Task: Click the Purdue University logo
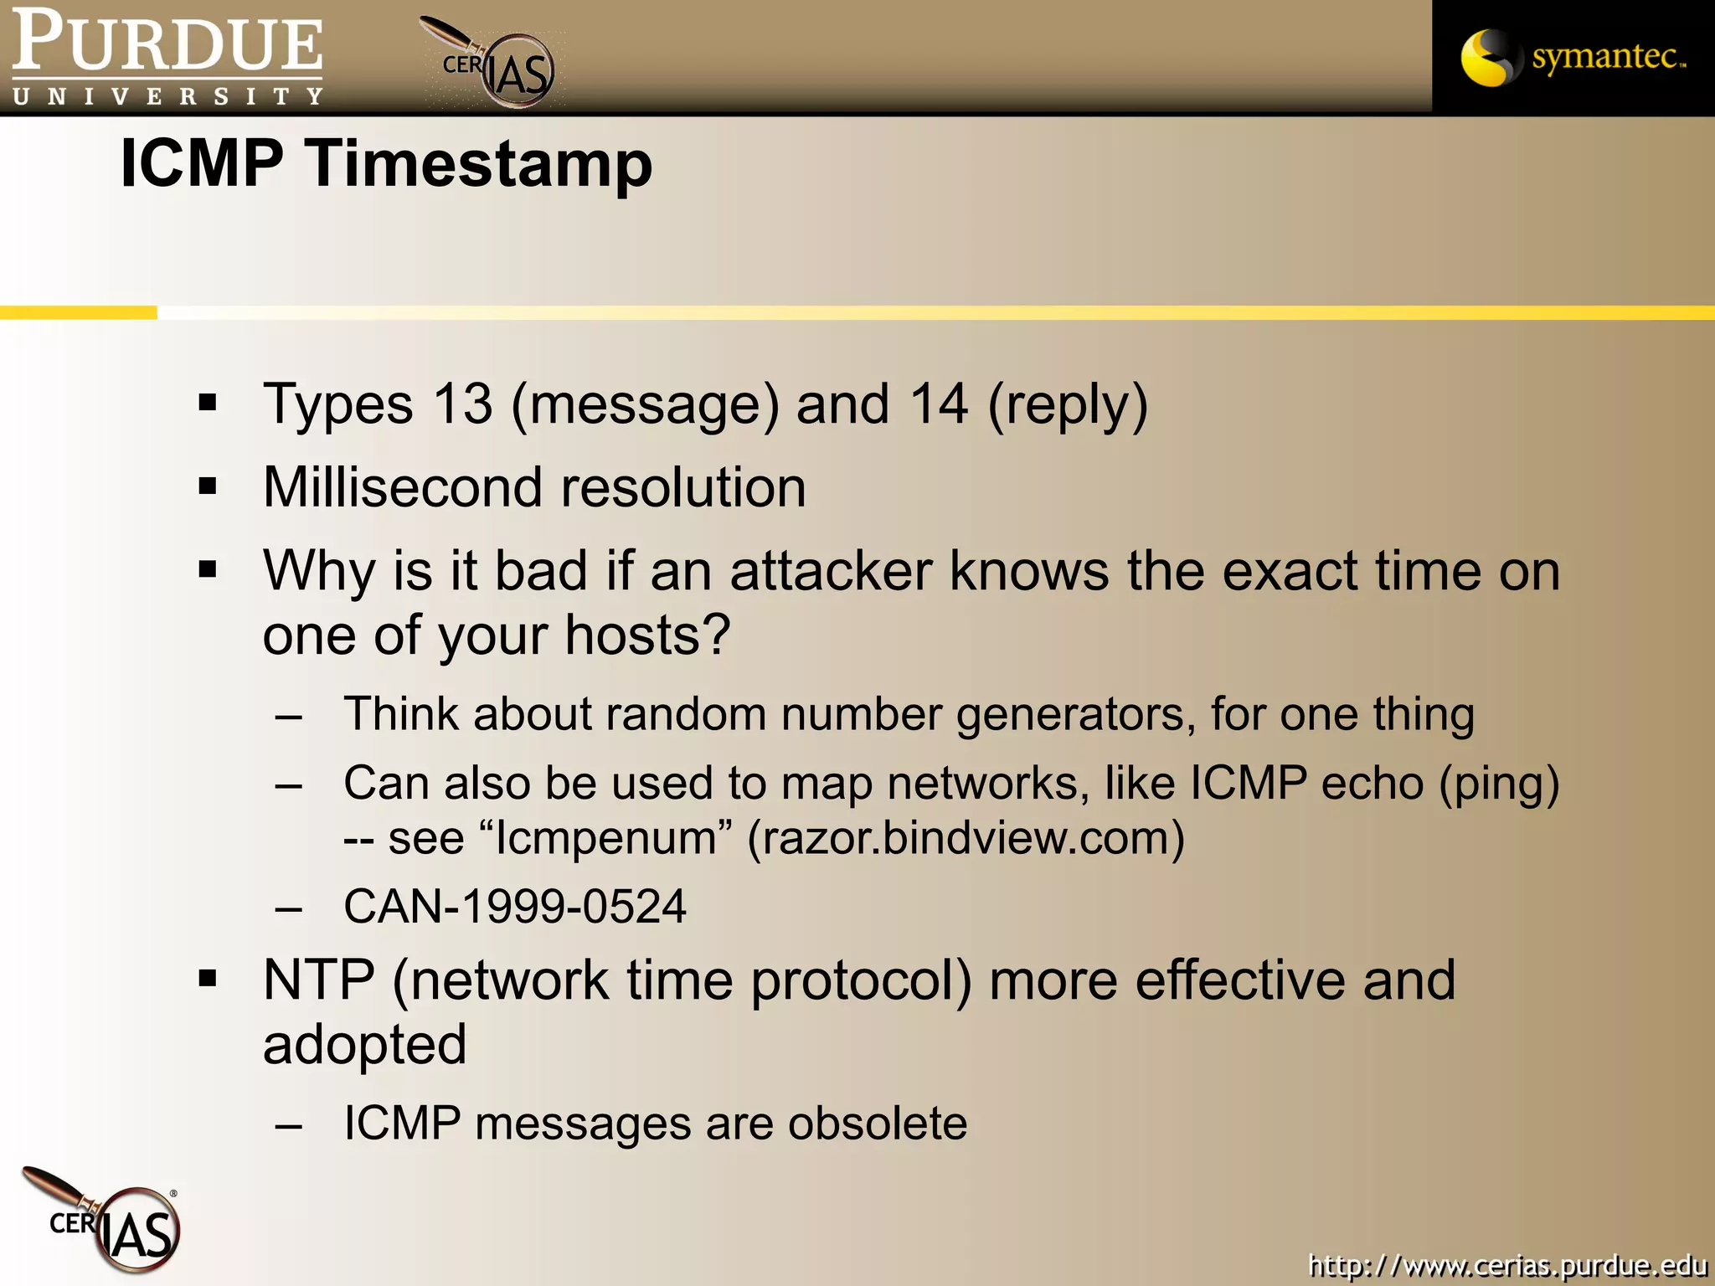(x=167, y=57)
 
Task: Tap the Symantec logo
(x=1573, y=57)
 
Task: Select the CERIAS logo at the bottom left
(x=105, y=1221)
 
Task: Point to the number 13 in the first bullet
(x=462, y=404)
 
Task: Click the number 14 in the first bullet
(x=939, y=404)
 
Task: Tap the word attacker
(x=831, y=572)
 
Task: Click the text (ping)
(x=1499, y=784)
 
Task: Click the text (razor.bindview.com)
(x=966, y=838)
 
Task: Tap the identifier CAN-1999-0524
(x=515, y=907)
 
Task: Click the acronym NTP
(x=318, y=980)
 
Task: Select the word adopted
(x=364, y=1047)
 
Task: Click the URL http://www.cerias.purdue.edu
(x=1506, y=1264)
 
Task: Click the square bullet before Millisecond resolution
(x=208, y=486)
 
